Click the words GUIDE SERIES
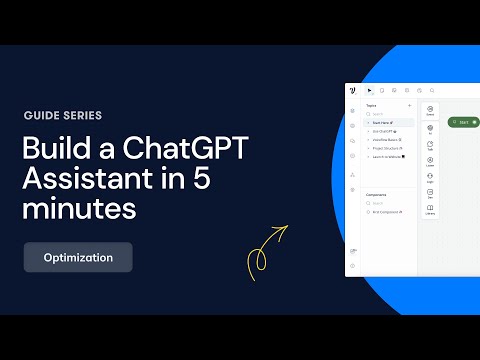(61, 115)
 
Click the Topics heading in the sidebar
(370, 104)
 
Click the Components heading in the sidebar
(376, 194)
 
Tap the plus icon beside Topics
(409, 104)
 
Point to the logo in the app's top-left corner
(354, 90)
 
